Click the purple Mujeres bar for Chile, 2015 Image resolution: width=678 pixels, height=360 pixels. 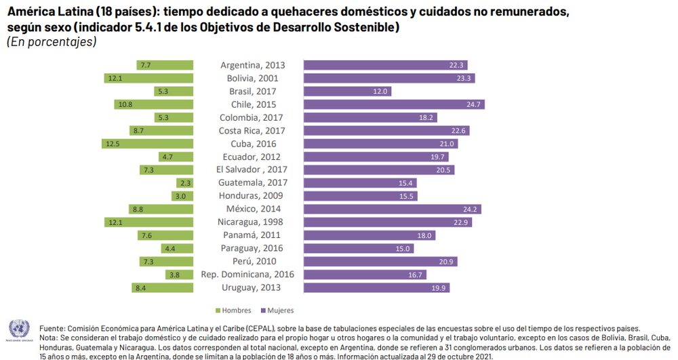pyautogui.click(x=393, y=104)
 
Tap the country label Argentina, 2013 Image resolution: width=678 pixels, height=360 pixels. pyautogui.click(x=252, y=65)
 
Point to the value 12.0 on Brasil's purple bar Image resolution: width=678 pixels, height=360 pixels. pyautogui.click(x=380, y=92)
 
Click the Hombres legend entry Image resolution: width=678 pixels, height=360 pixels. pyautogui.click(x=234, y=311)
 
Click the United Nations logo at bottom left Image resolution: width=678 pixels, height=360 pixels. pyautogui.click(x=19, y=330)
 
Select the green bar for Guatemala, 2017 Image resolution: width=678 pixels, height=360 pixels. pyautogui.click(x=184, y=183)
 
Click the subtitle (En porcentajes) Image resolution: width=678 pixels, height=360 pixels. pyautogui.click(x=52, y=42)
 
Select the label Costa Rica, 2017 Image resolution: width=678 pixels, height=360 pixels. pyautogui.click(x=252, y=131)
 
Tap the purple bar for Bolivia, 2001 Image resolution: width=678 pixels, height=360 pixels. pyautogui.click(x=388, y=78)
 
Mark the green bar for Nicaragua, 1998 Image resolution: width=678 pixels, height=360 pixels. pyautogui.click(x=149, y=222)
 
